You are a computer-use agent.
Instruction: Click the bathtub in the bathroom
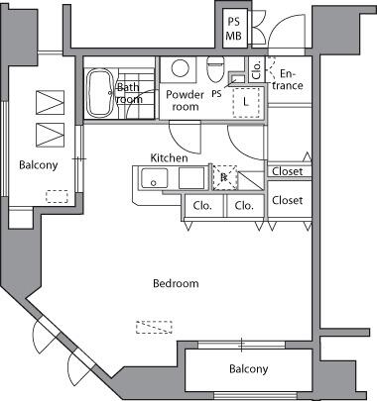(100, 93)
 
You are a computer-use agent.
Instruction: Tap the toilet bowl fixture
(215, 69)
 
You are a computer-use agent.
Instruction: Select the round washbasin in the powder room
(181, 68)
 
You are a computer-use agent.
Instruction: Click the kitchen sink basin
(154, 178)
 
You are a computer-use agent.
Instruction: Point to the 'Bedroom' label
(176, 283)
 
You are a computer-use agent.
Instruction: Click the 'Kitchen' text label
(169, 158)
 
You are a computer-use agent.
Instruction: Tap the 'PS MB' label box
(235, 29)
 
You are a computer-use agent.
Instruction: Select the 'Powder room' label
(185, 101)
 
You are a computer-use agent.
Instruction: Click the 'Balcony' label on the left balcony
(39, 164)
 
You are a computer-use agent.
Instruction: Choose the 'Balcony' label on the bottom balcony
(249, 368)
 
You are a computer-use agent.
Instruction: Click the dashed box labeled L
(246, 103)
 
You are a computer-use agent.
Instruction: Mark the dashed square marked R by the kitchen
(225, 177)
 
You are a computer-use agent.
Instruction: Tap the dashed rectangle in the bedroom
(154, 327)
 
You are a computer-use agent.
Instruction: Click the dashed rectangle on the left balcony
(57, 197)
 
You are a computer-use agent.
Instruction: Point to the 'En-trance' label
(288, 80)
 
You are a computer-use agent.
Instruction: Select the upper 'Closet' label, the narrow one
(287, 171)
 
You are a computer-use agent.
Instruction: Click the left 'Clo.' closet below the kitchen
(202, 206)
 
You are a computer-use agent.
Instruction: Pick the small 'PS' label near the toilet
(216, 94)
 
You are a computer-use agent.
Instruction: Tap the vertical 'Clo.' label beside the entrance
(257, 69)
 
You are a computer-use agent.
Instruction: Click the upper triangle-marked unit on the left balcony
(50, 102)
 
